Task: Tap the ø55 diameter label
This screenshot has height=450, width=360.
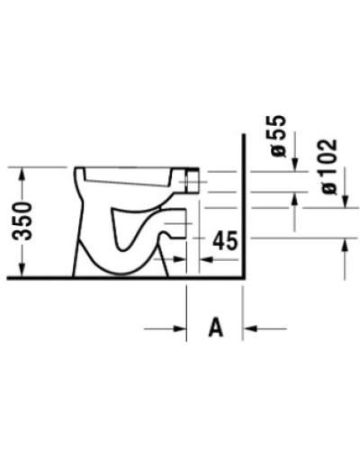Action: tap(279, 137)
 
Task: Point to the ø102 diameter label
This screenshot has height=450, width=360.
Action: tap(328, 166)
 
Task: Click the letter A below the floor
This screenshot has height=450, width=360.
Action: tap(215, 328)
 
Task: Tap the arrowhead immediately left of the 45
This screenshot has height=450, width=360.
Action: tap(205, 257)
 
